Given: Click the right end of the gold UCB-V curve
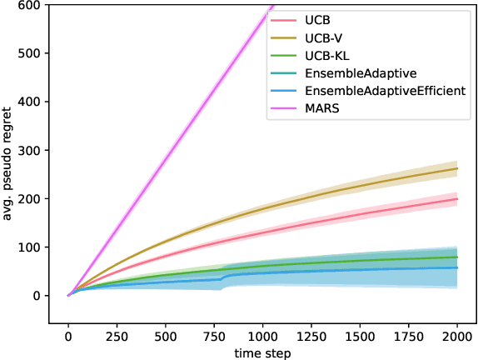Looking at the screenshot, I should (457, 168).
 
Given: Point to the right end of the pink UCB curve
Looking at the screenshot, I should (457, 199).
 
